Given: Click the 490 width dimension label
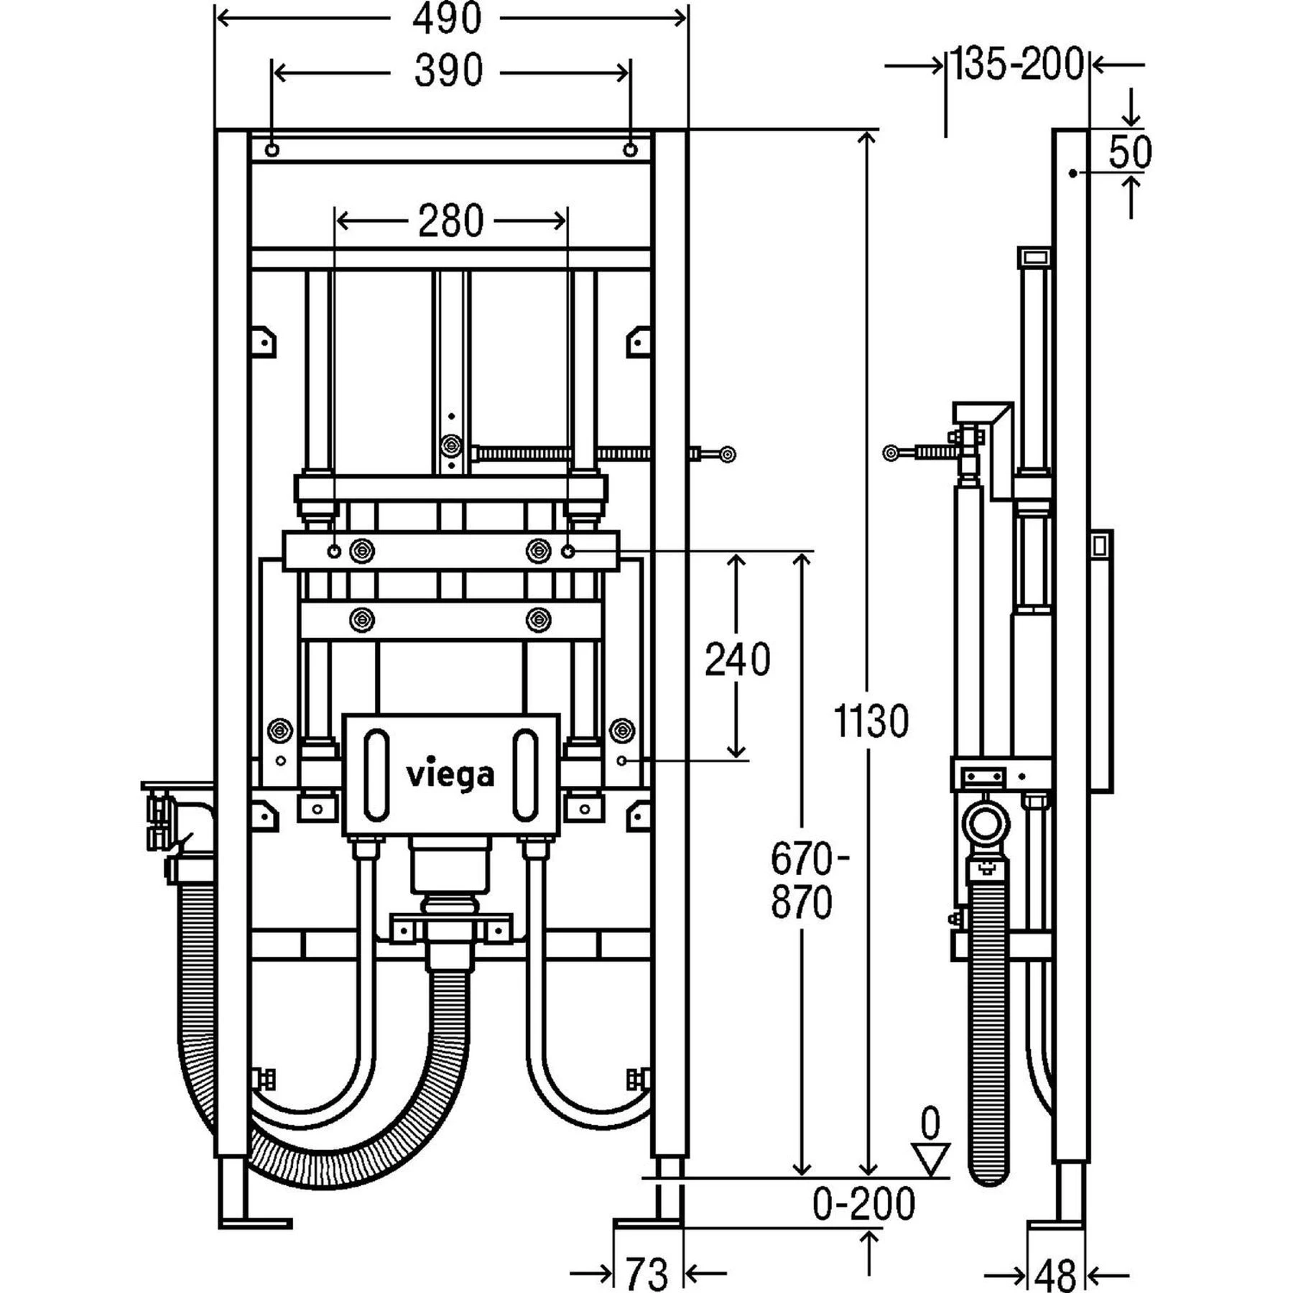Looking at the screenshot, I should tap(447, 19).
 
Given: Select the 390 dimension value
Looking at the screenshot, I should tap(448, 71).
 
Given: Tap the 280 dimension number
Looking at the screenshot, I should tap(451, 221).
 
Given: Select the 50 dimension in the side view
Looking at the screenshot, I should tap(1130, 152).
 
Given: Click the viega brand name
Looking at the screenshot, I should tap(450, 775).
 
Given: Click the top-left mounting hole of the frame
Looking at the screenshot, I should tap(272, 149).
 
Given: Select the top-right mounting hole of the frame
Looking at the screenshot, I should tap(630, 149).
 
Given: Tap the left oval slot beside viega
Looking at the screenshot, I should tap(376, 774).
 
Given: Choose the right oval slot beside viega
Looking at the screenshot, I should tap(525, 774).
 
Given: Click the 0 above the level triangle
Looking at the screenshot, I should tap(930, 1124).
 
